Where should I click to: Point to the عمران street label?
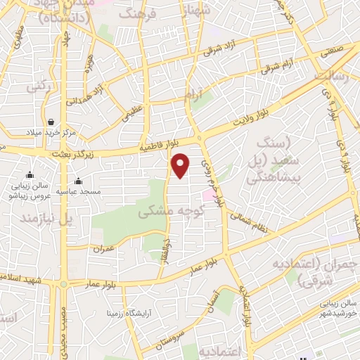tap(103, 248)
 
